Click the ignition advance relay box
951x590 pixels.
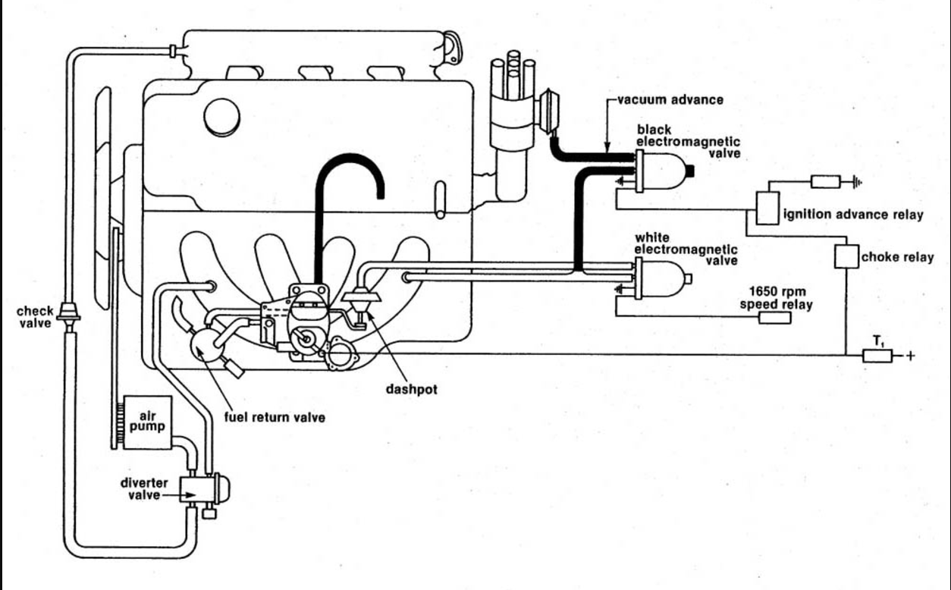(768, 207)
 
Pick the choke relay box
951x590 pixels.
(846, 257)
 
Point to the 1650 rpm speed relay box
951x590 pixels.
(775, 318)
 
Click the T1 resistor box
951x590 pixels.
(877, 355)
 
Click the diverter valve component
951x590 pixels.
(201, 489)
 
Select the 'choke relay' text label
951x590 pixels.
(897, 258)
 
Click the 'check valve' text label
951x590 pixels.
(35, 318)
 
